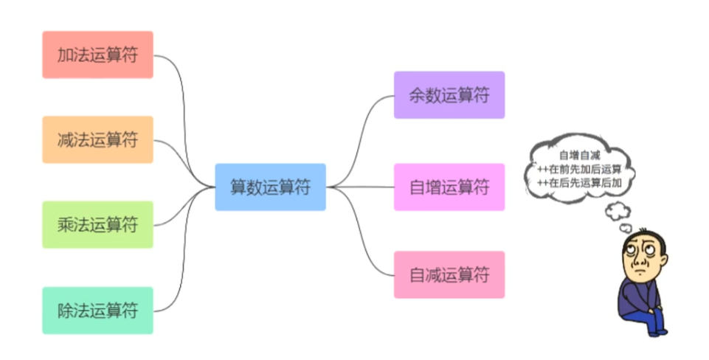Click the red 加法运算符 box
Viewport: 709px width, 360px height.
tap(97, 55)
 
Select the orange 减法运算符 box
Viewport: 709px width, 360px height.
tap(97, 139)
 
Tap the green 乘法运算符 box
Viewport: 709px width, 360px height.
tap(97, 224)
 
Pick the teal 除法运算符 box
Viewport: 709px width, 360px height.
tap(97, 310)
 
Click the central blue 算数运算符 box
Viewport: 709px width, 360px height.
tap(270, 187)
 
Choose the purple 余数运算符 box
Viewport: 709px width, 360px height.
tap(449, 94)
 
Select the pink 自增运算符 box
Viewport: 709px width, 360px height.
tap(449, 187)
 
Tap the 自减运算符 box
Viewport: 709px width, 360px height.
tap(449, 274)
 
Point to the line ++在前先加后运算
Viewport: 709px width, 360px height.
tap(580, 168)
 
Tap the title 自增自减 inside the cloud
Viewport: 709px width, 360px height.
tap(580, 156)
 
